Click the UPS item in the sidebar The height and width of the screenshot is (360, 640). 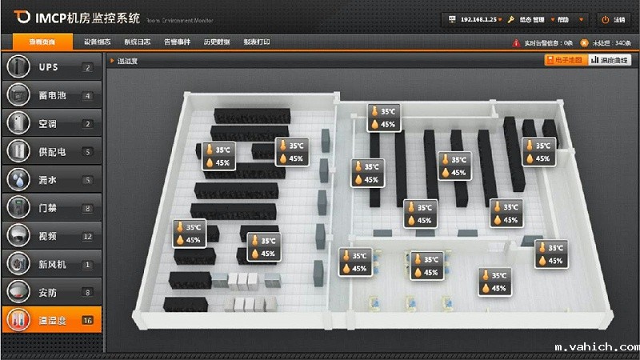tap(50, 67)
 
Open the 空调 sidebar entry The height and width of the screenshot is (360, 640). tap(50, 124)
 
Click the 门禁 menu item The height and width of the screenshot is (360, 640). tap(50, 208)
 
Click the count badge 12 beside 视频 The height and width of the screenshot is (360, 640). tap(87, 237)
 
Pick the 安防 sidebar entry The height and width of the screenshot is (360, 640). tap(50, 292)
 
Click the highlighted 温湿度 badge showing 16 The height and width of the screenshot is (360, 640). tap(87, 321)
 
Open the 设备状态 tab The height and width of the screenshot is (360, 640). tap(98, 42)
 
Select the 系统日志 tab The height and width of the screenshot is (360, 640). tap(138, 42)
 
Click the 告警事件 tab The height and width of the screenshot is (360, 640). tap(177, 42)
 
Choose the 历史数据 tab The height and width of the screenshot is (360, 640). tap(216, 42)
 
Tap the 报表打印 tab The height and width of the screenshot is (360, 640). tap(256, 42)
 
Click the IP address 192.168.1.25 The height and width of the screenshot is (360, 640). tap(478, 18)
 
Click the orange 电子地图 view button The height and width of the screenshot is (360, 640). tap(564, 60)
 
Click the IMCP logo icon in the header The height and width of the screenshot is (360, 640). tap(22, 18)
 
